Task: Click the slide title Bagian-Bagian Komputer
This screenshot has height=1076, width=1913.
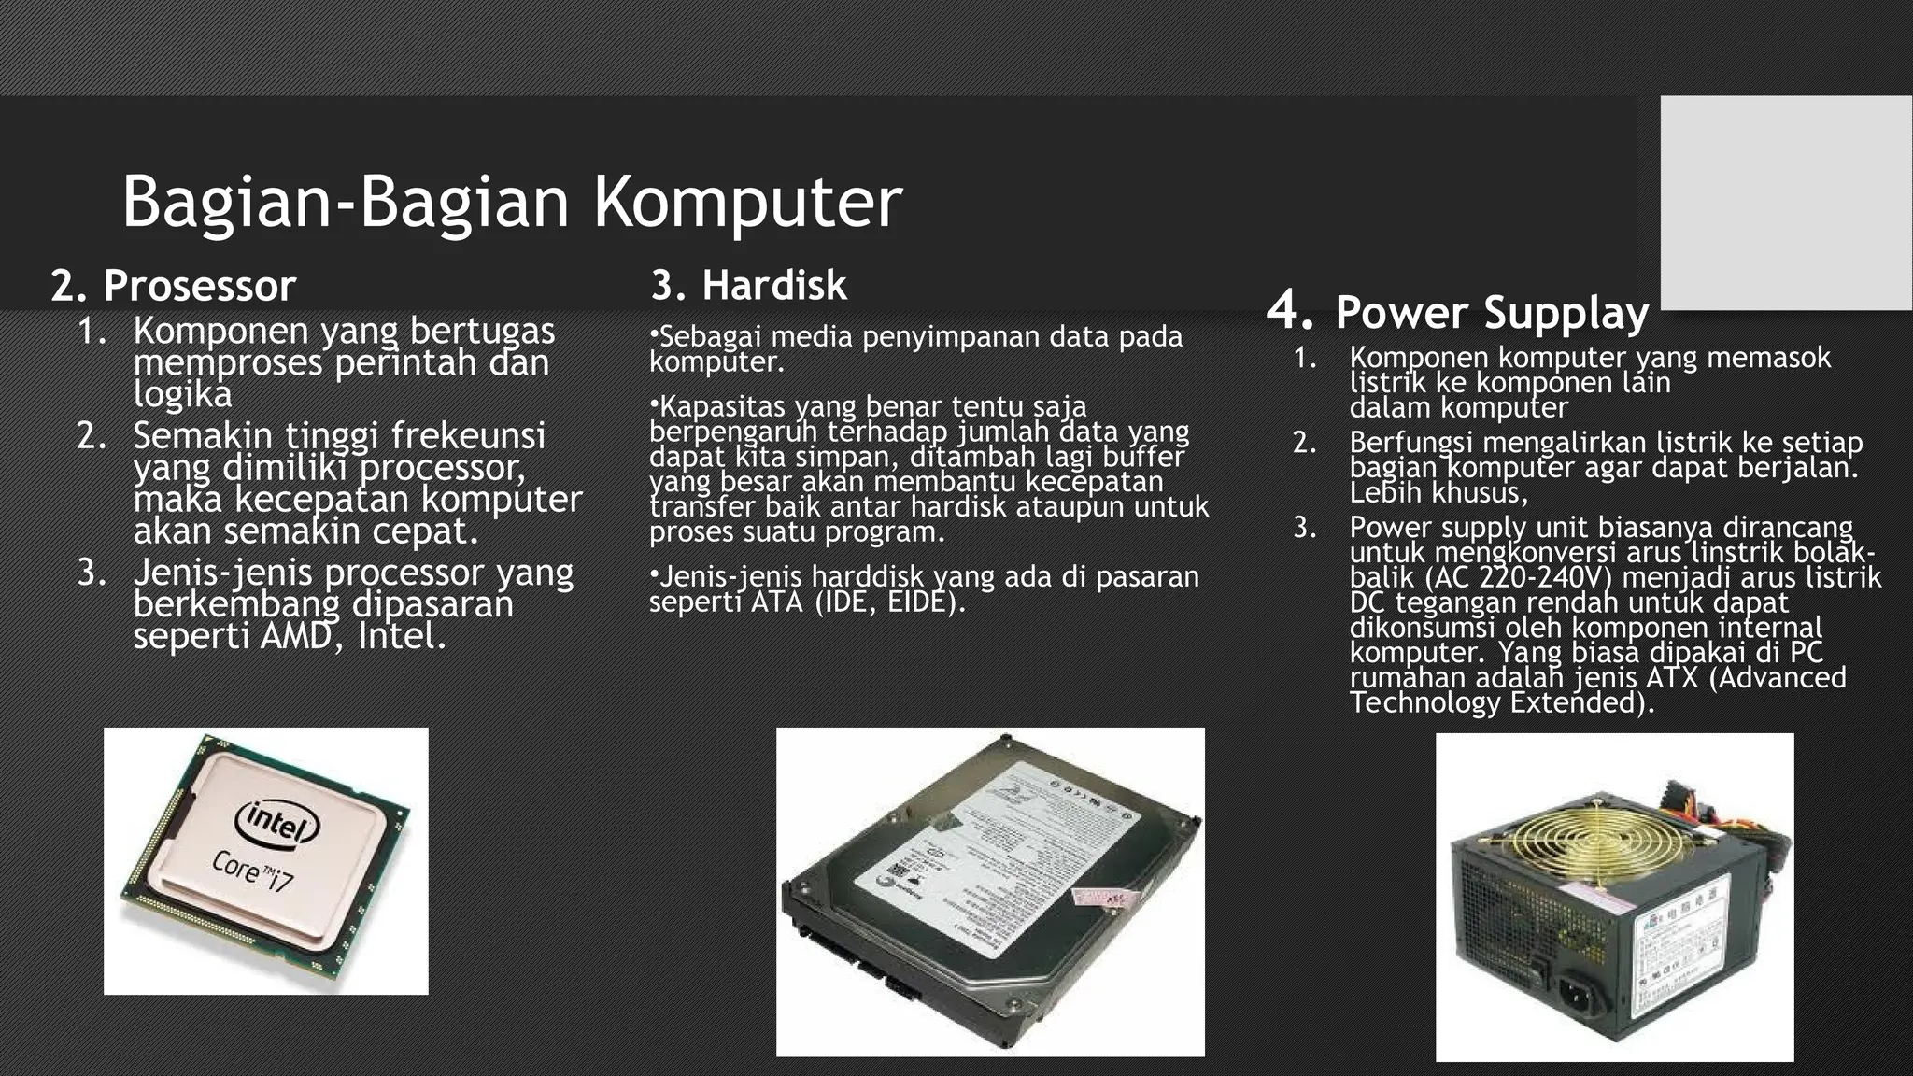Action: pos(512,202)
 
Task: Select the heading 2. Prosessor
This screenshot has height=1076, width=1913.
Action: pos(173,286)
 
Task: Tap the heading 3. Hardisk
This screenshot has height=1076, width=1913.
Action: pos(749,285)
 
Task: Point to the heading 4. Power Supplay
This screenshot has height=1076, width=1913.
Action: pos(1458,312)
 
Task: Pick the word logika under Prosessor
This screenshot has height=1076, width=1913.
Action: pos(182,394)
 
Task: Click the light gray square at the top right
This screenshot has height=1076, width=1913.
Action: pos(1786,203)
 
